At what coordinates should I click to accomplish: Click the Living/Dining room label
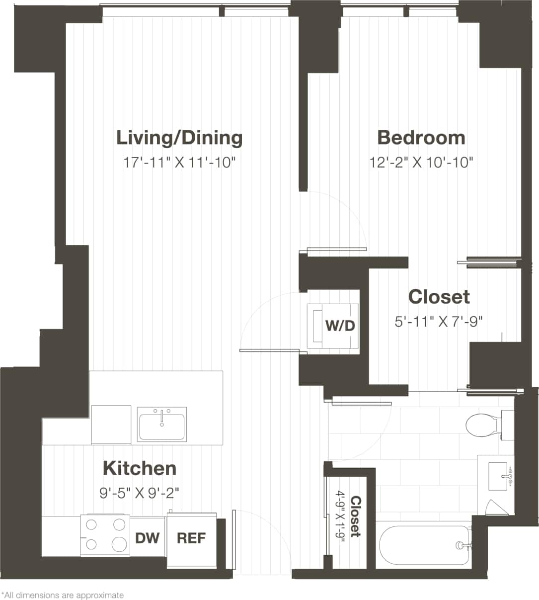tap(179, 138)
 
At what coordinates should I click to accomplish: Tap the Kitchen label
tap(140, 468)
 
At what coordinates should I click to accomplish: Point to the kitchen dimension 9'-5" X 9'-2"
tap(139, 493)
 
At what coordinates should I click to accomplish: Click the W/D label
tap(340, 326)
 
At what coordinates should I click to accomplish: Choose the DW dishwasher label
tap(148, 538)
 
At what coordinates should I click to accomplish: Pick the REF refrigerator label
tap(191, 538)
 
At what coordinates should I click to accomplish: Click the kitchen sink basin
tap(162, 425)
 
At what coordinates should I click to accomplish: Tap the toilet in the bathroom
tap(482, 426)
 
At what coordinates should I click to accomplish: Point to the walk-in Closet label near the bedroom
tap(439, 297)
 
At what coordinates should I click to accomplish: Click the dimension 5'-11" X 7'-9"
tap(439, 322)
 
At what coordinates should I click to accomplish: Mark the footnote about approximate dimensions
tap(63, 595)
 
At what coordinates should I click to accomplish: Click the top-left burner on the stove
tap(91, 524)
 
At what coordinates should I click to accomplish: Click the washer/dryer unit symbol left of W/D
tap(316, 326)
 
